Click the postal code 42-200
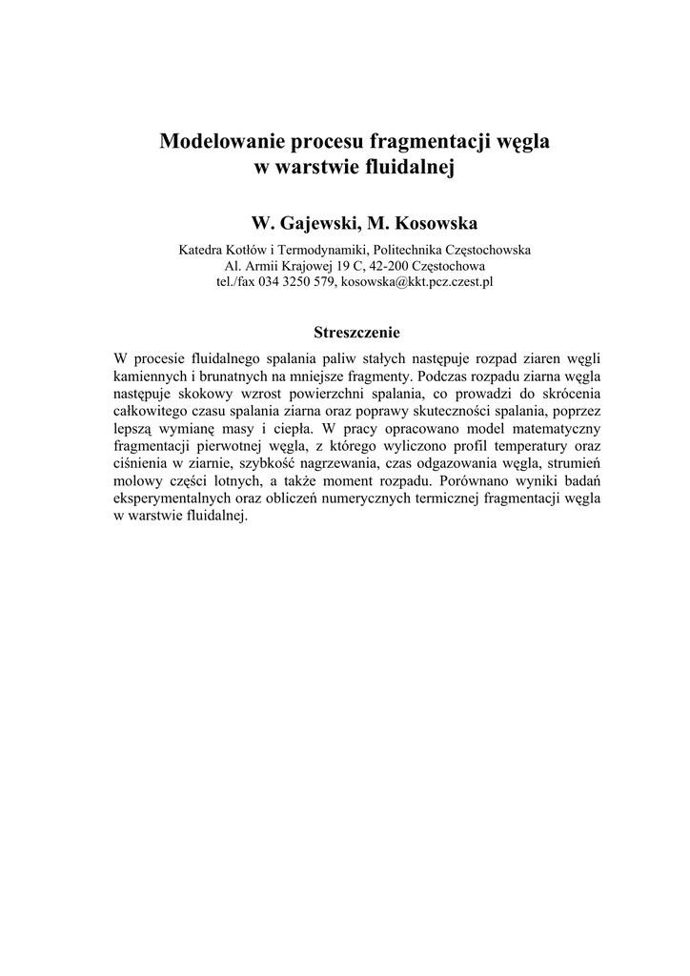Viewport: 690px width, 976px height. (387, 266)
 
